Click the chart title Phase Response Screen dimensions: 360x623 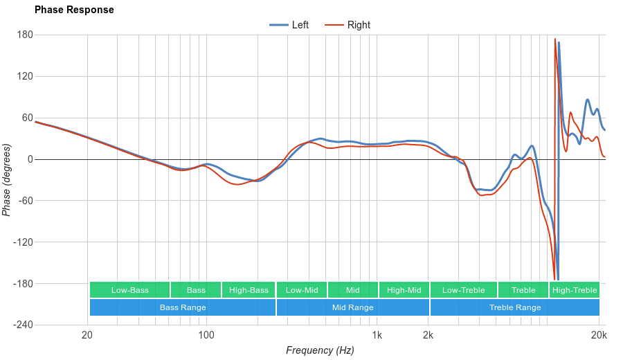74,10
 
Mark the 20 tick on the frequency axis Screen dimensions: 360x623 87,336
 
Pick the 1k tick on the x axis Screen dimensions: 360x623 377,336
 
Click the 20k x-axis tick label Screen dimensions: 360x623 599,336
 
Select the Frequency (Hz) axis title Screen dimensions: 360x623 320,350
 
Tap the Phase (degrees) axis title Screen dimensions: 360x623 7,180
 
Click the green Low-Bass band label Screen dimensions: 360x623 129,290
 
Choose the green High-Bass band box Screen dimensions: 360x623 249,290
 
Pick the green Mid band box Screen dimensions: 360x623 353,290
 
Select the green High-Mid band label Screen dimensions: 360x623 404,290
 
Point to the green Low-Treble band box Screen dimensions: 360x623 463,290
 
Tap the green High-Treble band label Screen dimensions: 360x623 575,290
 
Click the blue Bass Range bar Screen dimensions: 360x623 183,307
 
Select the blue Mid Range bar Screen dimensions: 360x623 353,307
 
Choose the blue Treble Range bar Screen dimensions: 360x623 515,307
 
